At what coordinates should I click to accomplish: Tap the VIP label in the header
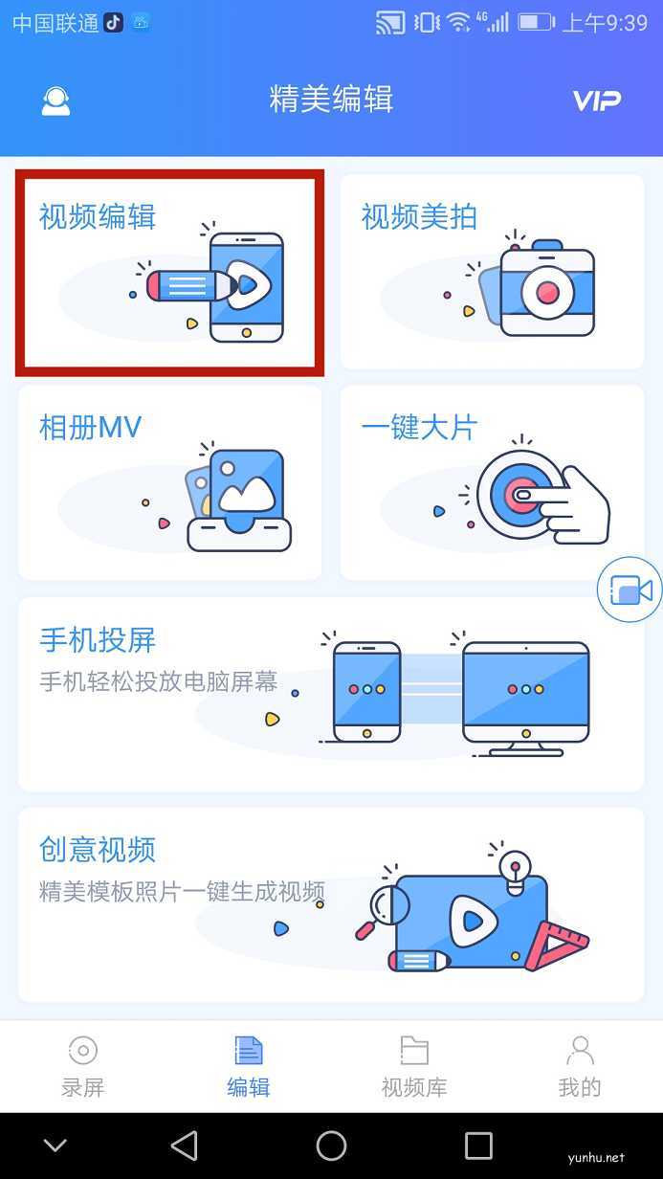point(596,100)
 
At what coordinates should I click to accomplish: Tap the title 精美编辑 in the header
point(331,100)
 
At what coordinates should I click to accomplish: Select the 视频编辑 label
point(98,217)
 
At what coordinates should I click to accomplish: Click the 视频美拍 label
point(419,217)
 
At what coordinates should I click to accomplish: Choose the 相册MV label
point(90,428)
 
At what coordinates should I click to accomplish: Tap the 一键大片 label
point(419,428)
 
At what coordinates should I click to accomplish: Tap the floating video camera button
point(630,590)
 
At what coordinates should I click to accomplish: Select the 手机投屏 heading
point(98,639)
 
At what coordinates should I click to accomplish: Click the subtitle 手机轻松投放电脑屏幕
point(159,682)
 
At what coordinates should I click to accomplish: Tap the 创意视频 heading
point(98,850)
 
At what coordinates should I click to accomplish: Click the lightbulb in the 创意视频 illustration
point(516,869)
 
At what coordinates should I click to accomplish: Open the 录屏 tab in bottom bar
point(83,1065)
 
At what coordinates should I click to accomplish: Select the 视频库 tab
point(413,1065)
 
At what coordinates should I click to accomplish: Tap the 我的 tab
point(580,1065)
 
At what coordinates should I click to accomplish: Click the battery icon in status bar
point(535,22)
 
